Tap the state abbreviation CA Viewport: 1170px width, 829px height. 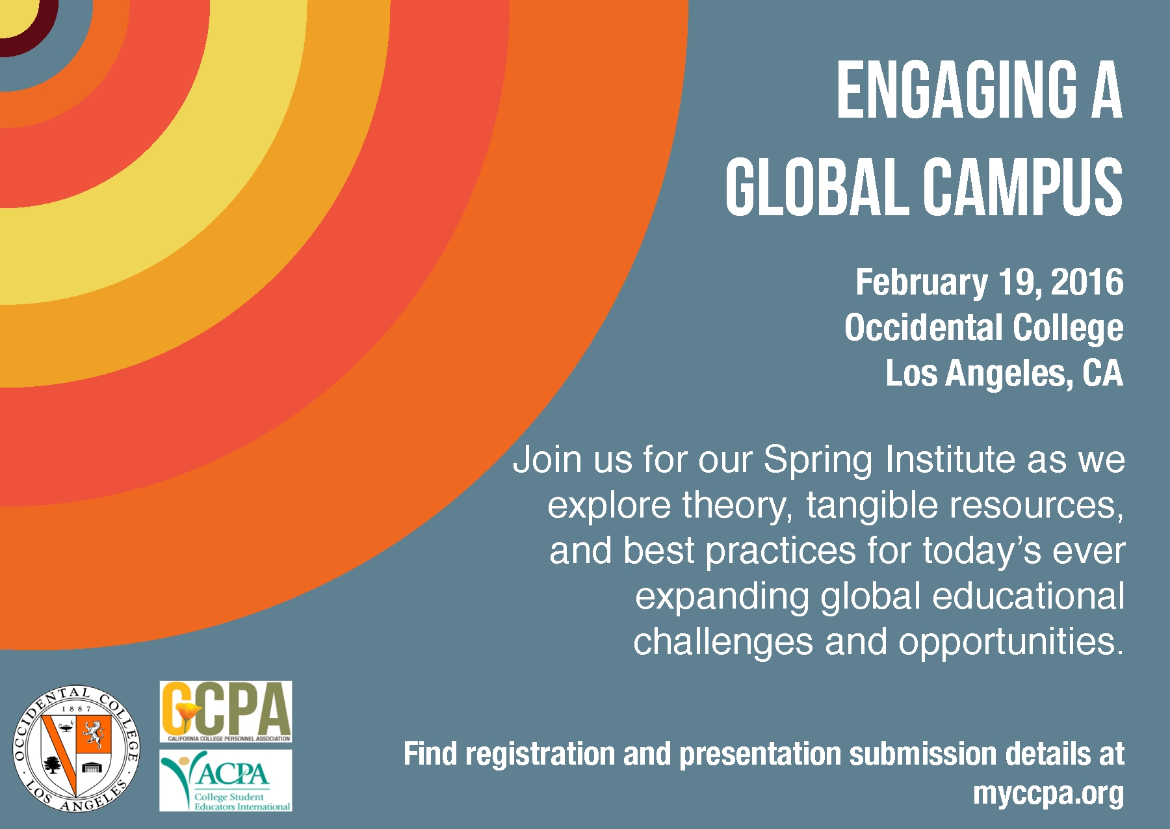[1102, 373]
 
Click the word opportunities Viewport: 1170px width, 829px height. [1011, 642]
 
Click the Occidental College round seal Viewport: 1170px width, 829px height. [77, 749]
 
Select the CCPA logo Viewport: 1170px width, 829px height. [226, 711]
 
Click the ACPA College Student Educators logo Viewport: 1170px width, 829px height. [226, 780]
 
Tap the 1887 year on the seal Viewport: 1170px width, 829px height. [77, 709]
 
